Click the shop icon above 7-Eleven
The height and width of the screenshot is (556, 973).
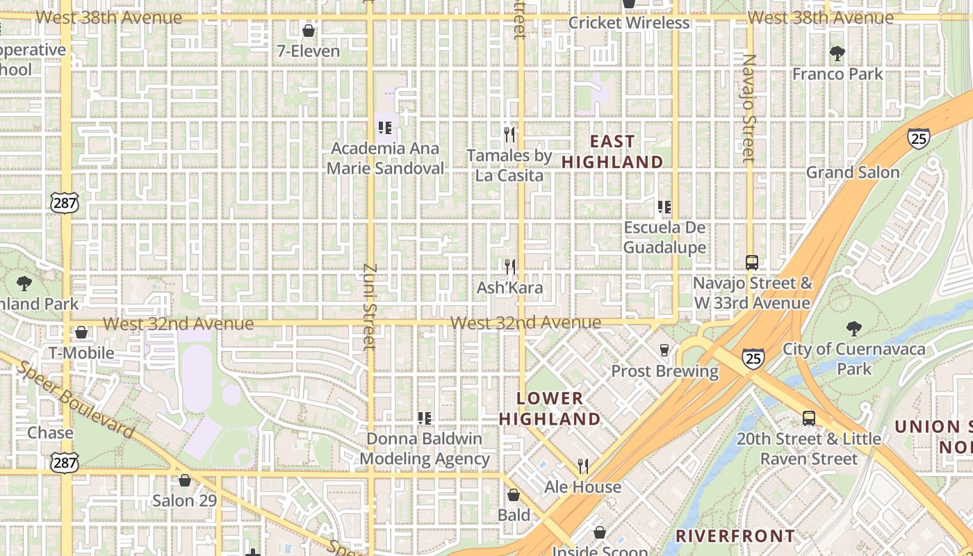[x=309, y=31]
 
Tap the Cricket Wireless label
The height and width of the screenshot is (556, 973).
[x=628, y=23]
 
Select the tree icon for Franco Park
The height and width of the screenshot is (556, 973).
[x=837, y=54]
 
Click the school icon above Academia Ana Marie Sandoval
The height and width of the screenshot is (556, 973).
[x=385, y=128]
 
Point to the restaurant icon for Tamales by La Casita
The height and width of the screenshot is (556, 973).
[x=510, y=134]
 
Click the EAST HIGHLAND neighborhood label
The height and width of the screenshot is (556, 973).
[x=612, y=152]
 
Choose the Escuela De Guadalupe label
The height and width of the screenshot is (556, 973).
[x=664, y=238]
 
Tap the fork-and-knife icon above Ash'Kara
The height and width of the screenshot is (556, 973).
[x=510, y=266]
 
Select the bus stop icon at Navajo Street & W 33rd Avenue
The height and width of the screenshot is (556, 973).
[x=751, y=263]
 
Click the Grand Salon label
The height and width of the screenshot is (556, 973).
[x=852, y=172]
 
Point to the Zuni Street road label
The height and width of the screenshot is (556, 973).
[x=370, y=306]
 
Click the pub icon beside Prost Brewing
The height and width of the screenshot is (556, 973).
[x=664, y=350]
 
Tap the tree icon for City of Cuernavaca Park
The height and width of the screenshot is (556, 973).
[x=853, y=329]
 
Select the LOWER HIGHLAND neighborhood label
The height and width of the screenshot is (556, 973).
[x=549, y=409]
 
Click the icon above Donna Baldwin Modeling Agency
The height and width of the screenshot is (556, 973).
[x=425, y=418]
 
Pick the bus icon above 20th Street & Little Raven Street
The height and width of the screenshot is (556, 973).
[x=809, y=418]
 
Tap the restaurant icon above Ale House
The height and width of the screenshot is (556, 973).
[x=583, y=466]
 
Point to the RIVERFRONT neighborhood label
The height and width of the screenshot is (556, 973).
[x=735, y=536]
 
